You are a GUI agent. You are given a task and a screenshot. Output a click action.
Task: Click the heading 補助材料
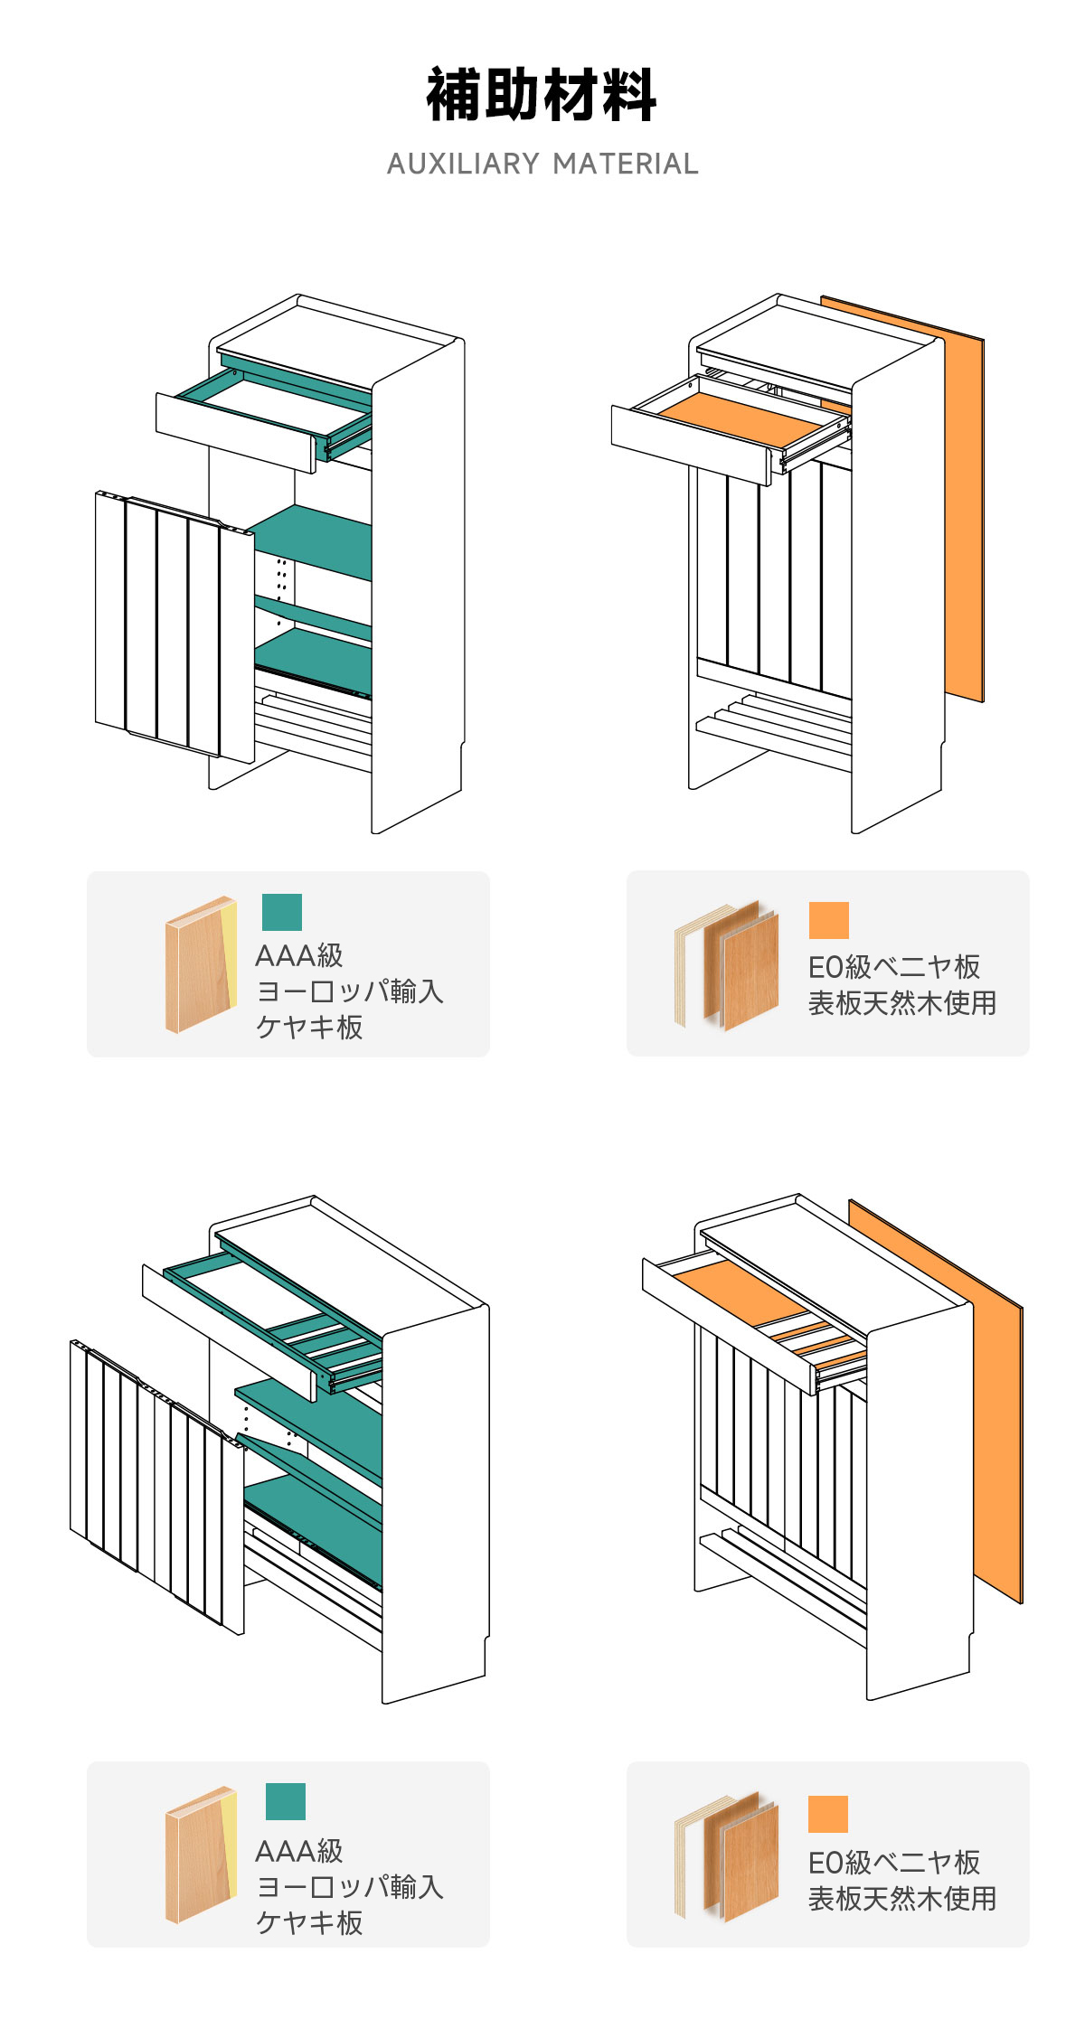click(541, 95)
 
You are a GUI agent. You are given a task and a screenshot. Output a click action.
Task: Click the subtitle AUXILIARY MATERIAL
click(542, 164)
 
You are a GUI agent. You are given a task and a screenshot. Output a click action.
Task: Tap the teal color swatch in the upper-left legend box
click(281, 912)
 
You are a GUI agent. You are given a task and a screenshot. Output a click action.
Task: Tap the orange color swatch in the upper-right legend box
click(828, 920)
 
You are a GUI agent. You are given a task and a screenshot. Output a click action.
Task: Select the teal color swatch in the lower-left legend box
click(285, 1801)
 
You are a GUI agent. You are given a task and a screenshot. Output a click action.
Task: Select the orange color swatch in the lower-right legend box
click(827, 1814)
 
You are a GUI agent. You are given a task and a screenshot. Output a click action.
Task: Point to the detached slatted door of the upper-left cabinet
click(172, 624)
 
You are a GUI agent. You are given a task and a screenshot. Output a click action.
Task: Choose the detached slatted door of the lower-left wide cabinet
click(154, 1482)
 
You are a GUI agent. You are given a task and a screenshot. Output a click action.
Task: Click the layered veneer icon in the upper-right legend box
click(727, 965)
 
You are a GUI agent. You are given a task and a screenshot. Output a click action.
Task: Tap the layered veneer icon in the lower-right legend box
click(727, 1856)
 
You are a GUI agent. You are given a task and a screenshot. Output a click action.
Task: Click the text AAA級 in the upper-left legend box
click(299, 955)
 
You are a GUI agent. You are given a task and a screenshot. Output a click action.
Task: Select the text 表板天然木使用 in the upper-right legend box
click(901, 1003)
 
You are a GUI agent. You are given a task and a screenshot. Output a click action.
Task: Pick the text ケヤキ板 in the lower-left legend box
click(309, 1922)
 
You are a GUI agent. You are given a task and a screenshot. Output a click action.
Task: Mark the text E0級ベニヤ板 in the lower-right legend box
click(893, 1863)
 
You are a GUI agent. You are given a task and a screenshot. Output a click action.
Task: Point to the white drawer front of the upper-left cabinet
click(235, 433)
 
